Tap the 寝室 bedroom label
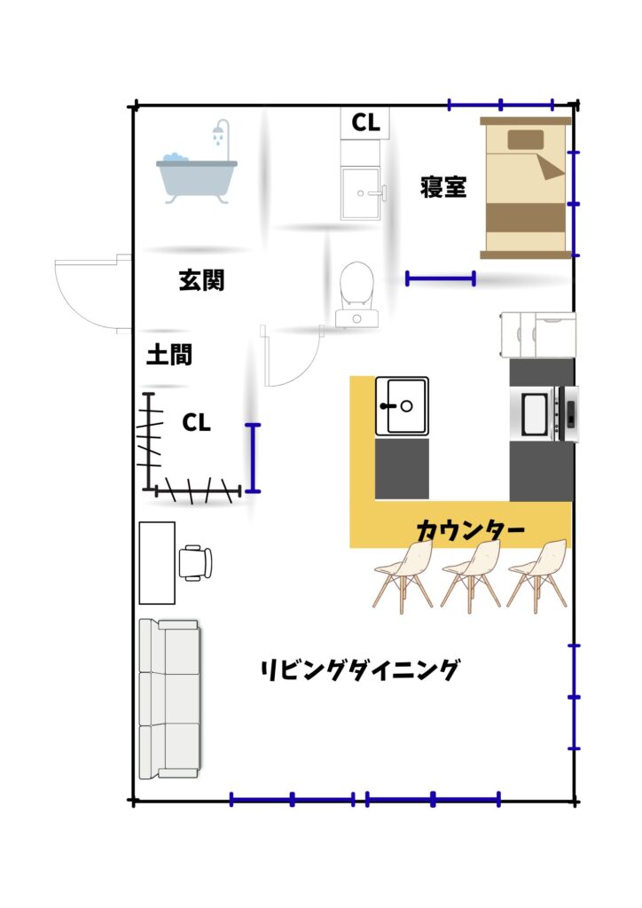click(x=443, y=187)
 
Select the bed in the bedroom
click(x=525, y=188)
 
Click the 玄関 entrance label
click(x=201, y=280)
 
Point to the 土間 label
click(x=169, y=355)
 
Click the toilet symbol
click(x=356, y=294)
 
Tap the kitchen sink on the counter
click(x=402, y=406)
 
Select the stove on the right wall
click(x=544, y=415)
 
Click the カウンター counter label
click(x=470, y=529)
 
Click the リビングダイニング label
click(x=359, y=669)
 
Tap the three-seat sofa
click(x=169, y=699)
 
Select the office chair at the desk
click(x=195, y=562)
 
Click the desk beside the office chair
click(x=157, y=562)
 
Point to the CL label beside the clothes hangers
click(x=196, y=423)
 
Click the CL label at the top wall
click(x=366, y=122)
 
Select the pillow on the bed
click(x=526, y=139)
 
